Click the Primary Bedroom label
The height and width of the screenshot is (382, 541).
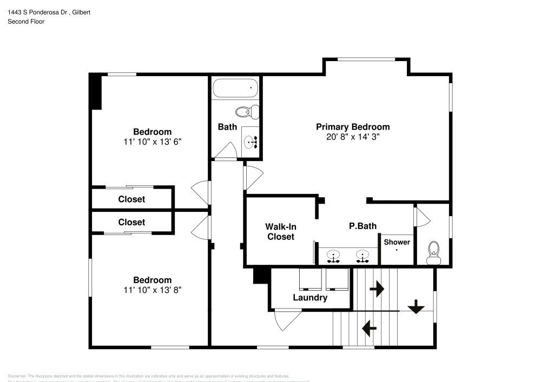click(353, 127)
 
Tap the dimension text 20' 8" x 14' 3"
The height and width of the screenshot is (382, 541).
click(353, 137)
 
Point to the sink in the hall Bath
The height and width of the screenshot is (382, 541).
click(250, 143)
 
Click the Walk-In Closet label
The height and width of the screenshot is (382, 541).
click(280, 232)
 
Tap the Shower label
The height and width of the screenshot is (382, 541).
click(397, 242)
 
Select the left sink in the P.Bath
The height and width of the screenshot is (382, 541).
click(334, 256)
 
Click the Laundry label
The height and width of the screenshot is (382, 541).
click(310, 298)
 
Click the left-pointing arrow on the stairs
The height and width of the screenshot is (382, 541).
click(369, 327)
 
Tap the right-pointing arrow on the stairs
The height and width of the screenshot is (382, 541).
click(377, 289)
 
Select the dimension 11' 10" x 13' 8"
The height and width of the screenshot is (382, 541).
click(153, 290)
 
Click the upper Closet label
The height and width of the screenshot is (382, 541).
click(131, 199)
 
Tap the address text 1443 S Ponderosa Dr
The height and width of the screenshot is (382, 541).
click(37, 12)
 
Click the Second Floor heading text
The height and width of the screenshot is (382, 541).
click(26, 22)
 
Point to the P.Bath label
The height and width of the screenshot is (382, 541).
click(362, 226)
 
